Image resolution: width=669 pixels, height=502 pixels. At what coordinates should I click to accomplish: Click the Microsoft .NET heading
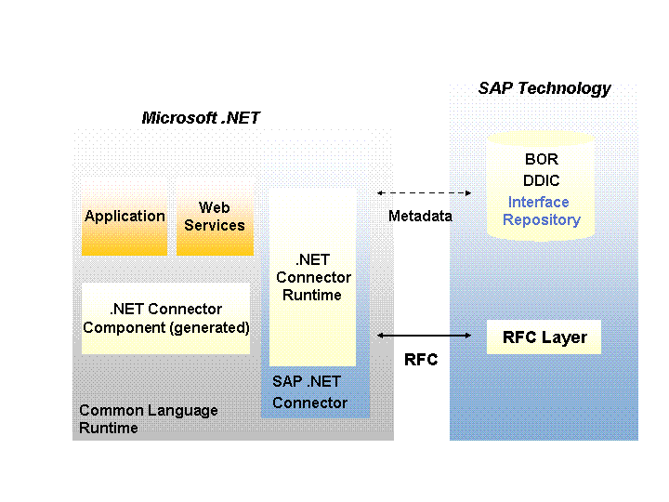(x=201, y=118)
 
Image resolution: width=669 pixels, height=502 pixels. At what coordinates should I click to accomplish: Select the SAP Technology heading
(x=544, y=88)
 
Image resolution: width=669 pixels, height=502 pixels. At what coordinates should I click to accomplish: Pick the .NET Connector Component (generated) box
(x=166, y=318)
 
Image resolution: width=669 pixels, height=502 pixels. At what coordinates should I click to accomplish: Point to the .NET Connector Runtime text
(x=313, y=277)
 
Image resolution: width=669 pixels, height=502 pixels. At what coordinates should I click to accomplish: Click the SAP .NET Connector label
(x=309, y=392)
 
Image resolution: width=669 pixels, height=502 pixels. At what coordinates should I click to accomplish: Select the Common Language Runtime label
(x=148, y=419)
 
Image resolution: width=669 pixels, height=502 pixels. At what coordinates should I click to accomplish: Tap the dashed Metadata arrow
(x=424, y=192)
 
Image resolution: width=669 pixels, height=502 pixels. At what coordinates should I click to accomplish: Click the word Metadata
(x=420, y=217)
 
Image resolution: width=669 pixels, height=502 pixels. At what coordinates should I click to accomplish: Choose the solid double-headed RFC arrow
(x=424, y=335)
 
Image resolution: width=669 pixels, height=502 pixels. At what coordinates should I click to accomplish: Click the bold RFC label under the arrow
(x=421, y=360)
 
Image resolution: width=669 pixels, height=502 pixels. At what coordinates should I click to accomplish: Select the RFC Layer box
(x=544, y=337)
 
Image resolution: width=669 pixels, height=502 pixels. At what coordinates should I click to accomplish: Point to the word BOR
(x=542, y=159)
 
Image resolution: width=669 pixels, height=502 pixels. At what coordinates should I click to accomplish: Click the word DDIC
(x=542, y=180)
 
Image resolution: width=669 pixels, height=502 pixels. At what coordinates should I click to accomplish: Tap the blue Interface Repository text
(x=541, y=211)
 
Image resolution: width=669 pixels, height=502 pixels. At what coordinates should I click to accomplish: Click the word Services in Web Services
(x=215, y=225)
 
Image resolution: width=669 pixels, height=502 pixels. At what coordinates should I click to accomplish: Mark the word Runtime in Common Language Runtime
(x=108, y=429)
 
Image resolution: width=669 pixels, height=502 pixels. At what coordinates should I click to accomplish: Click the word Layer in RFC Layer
(x=565, y=337)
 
